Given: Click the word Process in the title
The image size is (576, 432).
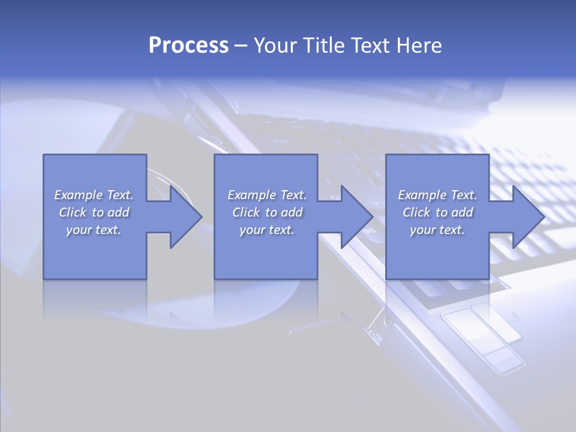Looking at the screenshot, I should click(188, 46).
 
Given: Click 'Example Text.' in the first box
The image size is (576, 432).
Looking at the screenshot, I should click(94, 195).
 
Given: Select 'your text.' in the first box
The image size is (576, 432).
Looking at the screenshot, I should click(94, 230).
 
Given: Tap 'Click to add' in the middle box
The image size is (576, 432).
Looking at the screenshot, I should click(267, 212).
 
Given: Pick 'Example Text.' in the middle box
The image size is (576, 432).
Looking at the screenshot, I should click(267, 195).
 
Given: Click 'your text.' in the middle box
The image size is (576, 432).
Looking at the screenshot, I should click(267, 230).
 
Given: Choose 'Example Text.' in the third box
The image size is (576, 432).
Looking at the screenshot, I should click(437, 195).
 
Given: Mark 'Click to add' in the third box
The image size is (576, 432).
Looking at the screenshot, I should click(437, 212).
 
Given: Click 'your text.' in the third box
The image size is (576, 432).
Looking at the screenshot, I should click(437, 230).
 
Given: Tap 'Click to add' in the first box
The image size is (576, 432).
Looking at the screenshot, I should click(94, 212).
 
